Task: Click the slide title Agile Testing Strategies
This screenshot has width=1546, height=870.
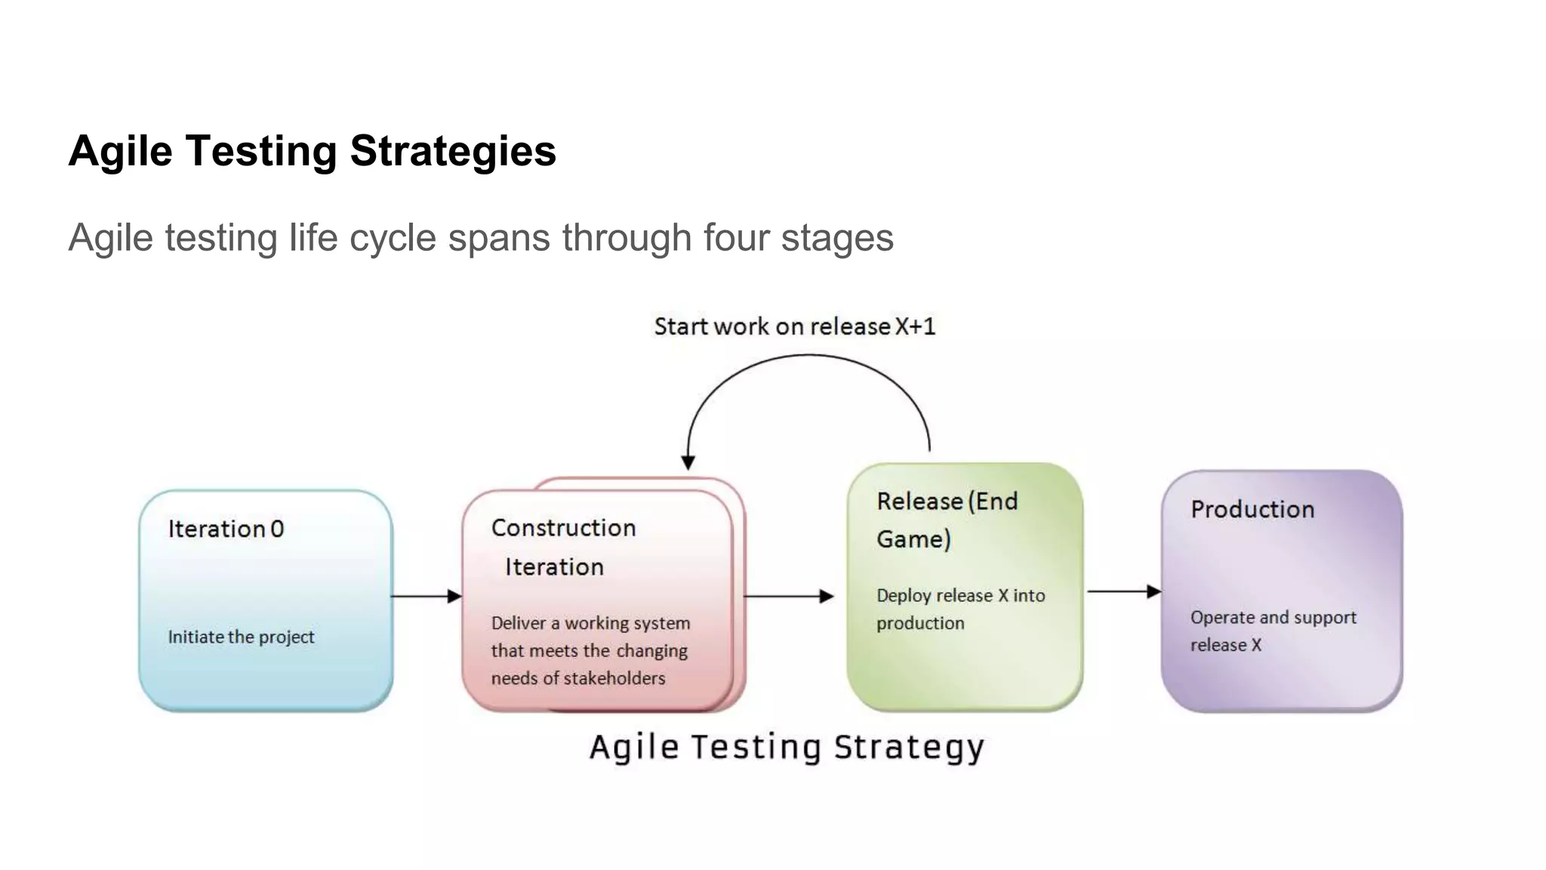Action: pos(312,150)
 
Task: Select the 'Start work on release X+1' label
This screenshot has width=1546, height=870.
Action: pos(794,326)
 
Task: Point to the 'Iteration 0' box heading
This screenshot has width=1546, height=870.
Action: pos(226,529)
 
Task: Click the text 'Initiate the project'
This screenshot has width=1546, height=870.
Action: pos(241,637)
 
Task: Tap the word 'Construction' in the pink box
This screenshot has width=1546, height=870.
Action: pos(563,527)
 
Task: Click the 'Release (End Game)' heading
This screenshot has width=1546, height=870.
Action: pos(947,520)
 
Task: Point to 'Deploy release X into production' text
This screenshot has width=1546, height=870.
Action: pos(960,609)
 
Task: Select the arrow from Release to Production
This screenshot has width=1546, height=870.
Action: pos(1123,591)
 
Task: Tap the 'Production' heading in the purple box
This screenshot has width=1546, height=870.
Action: pos(1252,509)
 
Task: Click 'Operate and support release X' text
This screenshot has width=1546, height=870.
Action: pos(1273,631)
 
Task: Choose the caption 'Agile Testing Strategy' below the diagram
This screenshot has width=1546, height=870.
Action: pos(787,747)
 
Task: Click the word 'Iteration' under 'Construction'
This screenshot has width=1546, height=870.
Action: pos(554,566)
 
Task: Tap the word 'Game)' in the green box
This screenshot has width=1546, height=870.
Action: pos(913,539)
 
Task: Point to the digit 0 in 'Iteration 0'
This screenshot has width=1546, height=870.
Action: pos(277,529)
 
